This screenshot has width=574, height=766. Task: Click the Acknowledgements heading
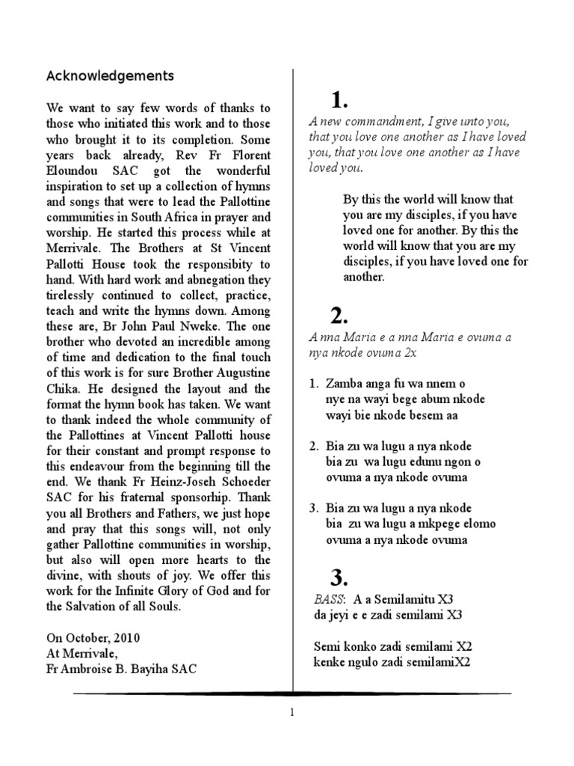[110, 76]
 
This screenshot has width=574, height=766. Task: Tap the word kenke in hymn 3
[326, 662]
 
